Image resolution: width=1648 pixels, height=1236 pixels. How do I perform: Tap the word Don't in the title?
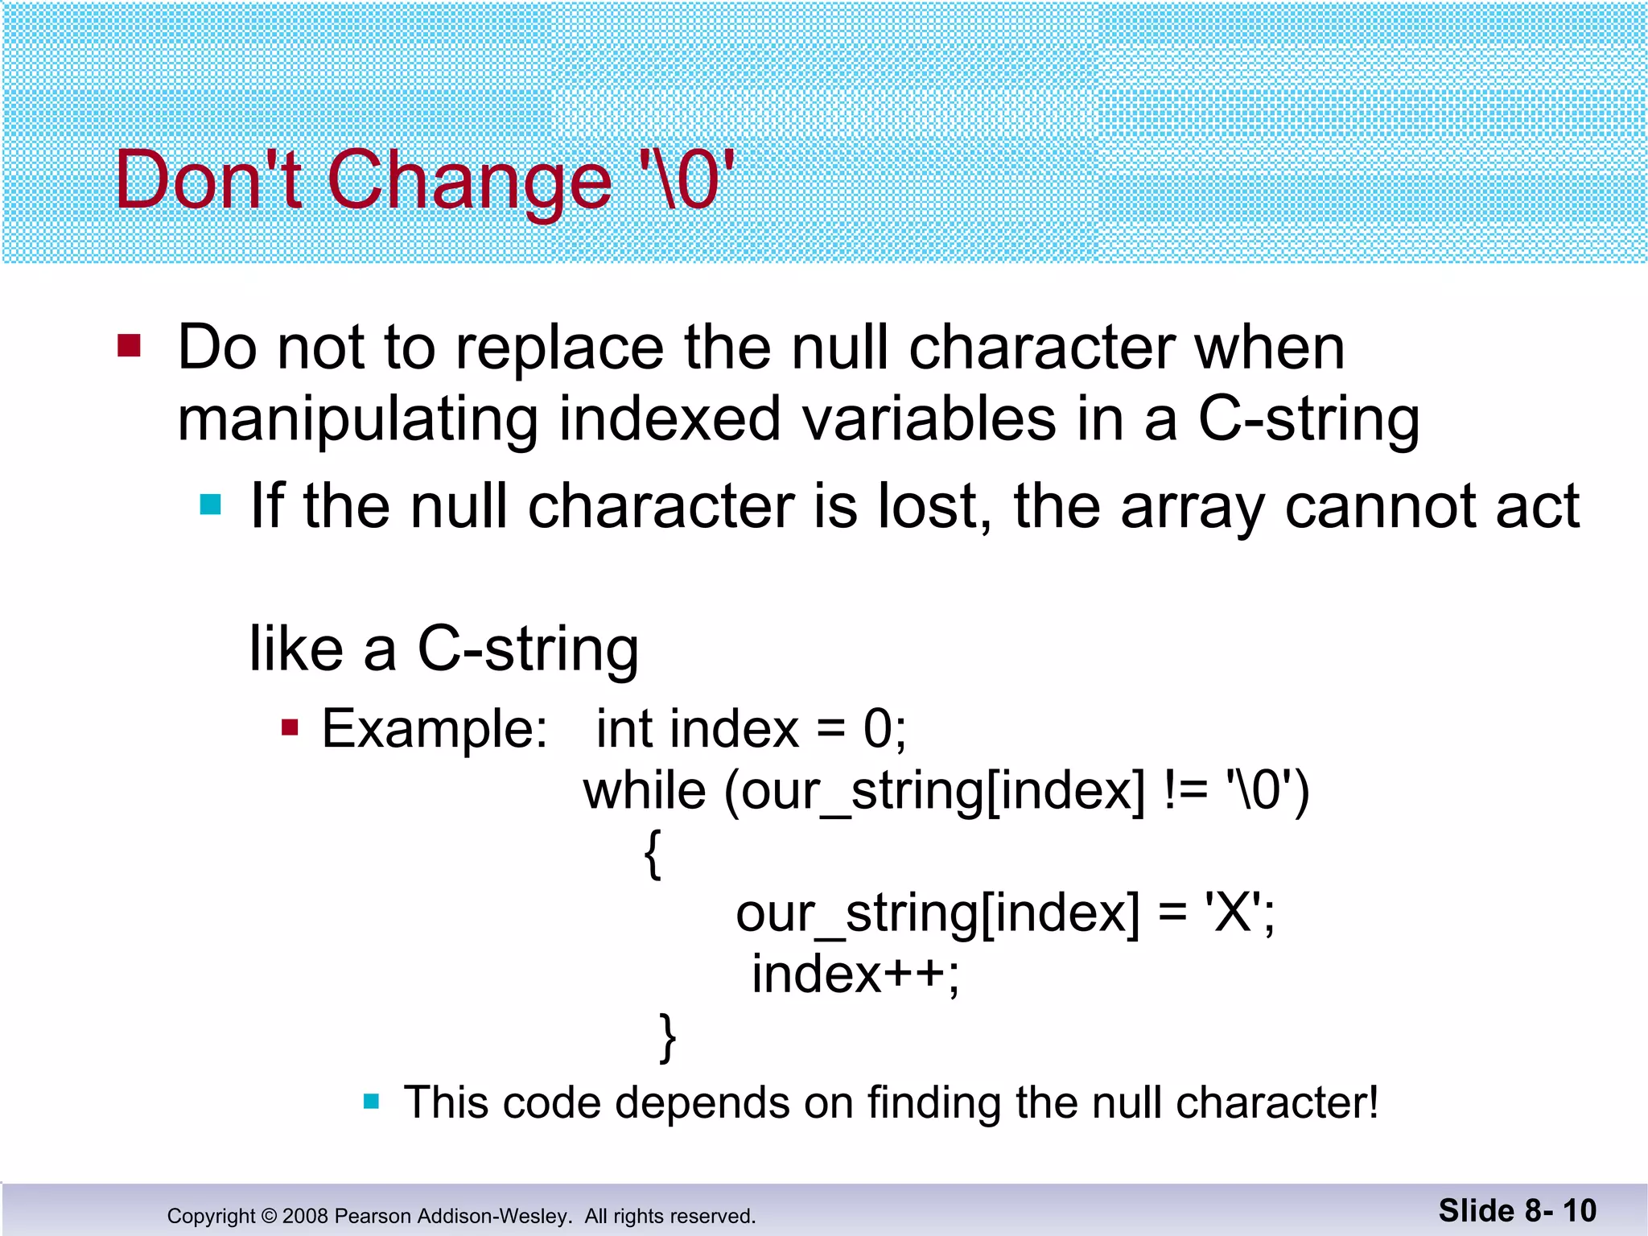[208, 180]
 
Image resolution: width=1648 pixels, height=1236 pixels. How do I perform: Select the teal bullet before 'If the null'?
[210, 505]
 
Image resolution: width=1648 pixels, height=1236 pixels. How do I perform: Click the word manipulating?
[357, 419]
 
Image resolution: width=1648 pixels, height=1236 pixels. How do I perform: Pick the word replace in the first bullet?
[559, 348]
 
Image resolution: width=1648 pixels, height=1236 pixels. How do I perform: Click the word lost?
[934, 506]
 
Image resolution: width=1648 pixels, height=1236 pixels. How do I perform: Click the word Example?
[435, 729]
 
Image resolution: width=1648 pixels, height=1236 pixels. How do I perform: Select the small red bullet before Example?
[290, 728]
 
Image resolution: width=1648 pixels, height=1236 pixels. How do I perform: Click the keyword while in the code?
[645, 791]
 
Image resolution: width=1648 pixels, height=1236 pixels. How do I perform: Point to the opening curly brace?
[653, 855]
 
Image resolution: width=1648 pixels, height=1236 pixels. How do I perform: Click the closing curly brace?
[667, 1038]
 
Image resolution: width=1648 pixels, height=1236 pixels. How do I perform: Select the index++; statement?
[855, 975]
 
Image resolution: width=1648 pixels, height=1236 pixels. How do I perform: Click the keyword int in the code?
[624, 729]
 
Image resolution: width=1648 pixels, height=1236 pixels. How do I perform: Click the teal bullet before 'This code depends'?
[371, 1102]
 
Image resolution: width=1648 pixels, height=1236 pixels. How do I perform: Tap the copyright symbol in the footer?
[269, 1216]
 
